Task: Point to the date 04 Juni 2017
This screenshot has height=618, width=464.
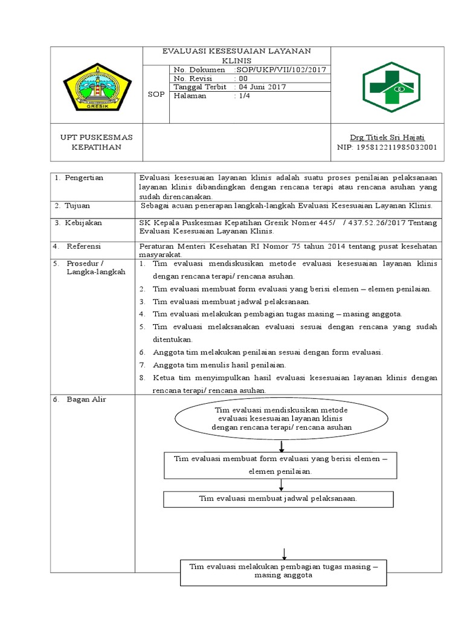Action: [x=261, y=87]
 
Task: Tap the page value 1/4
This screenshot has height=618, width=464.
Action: [x=243, y=96]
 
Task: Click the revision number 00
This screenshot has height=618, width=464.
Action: [x=243, y=78]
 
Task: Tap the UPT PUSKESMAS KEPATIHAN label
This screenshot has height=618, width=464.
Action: [x=97, y=142]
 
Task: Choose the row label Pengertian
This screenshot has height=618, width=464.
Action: [x=85, y=178]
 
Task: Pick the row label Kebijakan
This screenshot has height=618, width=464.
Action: [x=85, y=223]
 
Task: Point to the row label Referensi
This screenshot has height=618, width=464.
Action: [x=84, y=247]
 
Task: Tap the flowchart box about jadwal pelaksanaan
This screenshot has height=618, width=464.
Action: [x=279, y=499]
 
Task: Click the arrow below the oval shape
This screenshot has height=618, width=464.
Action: [x=282, y=446]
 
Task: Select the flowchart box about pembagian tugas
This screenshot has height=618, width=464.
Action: [x=283, y=571]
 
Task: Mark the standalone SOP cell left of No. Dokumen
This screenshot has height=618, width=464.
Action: [x=156, y=95]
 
